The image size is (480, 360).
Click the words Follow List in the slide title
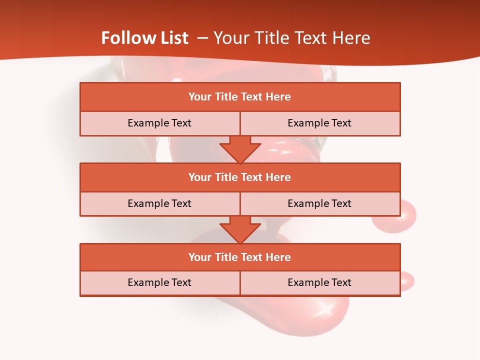tap(144, 38)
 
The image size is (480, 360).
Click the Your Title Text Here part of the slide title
tap(291, 38)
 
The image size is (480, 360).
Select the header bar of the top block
tap(240, 97)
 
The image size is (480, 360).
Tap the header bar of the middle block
tap(240, 177)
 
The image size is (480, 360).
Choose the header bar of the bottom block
tap(240, 257)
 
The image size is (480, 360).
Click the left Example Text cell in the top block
tap(159, 123)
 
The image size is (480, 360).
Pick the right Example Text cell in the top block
tap(320, 123)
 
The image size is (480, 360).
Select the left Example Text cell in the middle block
tap(159, 203)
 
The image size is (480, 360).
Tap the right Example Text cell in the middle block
tap(320, 203)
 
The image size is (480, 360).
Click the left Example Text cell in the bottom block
tap(159, 282)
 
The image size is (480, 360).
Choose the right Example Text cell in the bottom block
tap(320, 282)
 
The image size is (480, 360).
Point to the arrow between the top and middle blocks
tap(240, 149)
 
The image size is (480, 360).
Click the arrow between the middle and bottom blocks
tap(240, 229)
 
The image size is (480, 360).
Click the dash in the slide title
tap(202, 38)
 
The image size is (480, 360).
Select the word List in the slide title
tap(173, 38)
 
